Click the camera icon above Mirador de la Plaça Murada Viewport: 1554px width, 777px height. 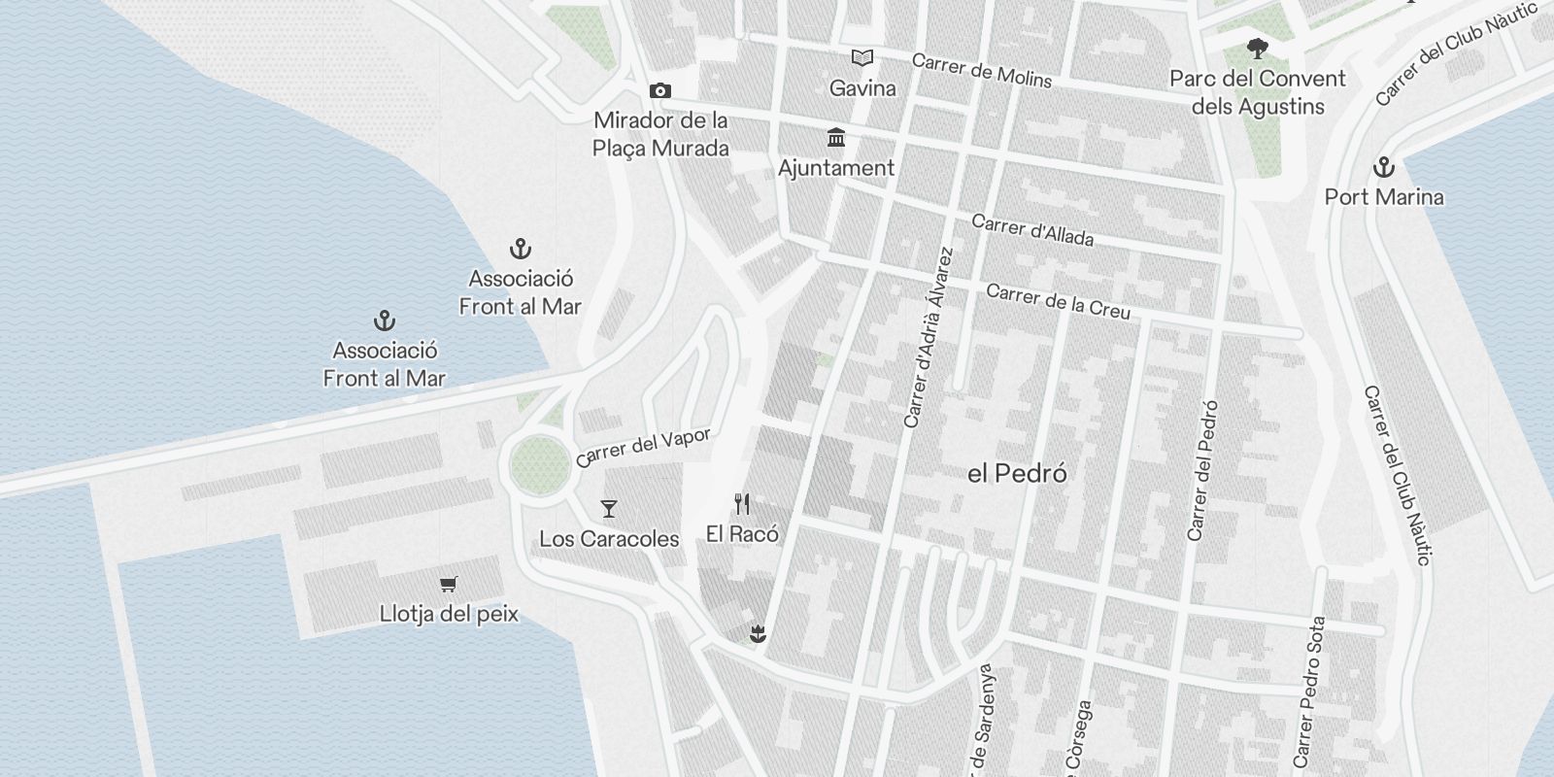(x=660, y=91)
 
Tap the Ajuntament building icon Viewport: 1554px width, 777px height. (x=835, y=138)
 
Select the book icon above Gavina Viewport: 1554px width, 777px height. (x=861, y=58)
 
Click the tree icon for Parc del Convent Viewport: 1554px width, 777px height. (x=1258, y=48)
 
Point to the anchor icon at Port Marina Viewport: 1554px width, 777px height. (x=1383, y=167)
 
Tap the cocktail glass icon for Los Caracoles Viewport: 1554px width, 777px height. (x=609, y=508)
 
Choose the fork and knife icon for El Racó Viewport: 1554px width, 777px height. (x=742, y=503)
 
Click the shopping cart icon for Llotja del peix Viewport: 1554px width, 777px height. (x=448, y=584)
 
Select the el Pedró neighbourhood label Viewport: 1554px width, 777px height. (x=1017, y=474)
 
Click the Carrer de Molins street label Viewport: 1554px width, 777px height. (x=981, y=71)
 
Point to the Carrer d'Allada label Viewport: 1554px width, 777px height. (x=1032, y=230)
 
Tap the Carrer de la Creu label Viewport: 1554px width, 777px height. (x=1058, y=301)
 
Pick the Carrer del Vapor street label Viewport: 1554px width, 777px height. (x=643, y=448)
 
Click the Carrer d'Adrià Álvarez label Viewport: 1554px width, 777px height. (x=929, y=338)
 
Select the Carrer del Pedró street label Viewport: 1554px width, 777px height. (x=1202, y=471)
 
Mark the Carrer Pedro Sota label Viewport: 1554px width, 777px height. (x=1309, y=692)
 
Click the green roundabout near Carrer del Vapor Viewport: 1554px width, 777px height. (x=539, y=464)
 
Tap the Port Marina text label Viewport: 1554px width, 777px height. (x=1383, y=197)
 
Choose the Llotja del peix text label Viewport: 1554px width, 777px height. (x=449, y=614)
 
